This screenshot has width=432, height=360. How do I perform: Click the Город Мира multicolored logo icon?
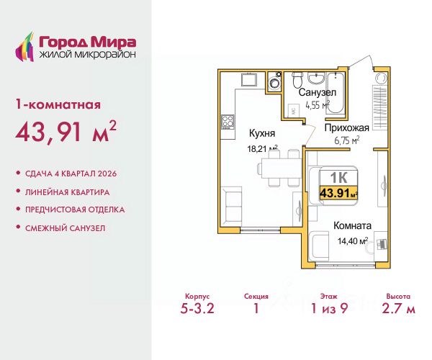(x=24, y=47)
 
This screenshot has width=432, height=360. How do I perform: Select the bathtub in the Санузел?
(x=335, y=93)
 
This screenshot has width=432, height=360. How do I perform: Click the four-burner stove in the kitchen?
(x=228, y=122)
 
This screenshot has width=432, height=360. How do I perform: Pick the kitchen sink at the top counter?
(x=249, y=80)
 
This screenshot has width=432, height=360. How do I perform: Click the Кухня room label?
(x=262, y=133)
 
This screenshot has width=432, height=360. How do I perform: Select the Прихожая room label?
(x=346, y=128)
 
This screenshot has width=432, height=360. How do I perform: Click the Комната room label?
(x=352, y=226)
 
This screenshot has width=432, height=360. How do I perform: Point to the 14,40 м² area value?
(x=353, y=241)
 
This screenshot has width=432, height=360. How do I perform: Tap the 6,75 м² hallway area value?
(x=347, y=140)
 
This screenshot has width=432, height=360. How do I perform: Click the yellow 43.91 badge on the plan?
(x=338, y=193)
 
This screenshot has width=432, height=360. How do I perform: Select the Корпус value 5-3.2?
(x=197, y=308)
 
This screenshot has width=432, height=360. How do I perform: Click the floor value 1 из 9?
(x=329, y=308)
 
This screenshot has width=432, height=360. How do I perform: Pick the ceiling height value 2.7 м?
(x=398, y=308)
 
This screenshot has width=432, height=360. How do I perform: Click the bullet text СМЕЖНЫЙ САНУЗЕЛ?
(x=66, y=228)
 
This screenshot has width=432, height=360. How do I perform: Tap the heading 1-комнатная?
(x=58, y=104)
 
